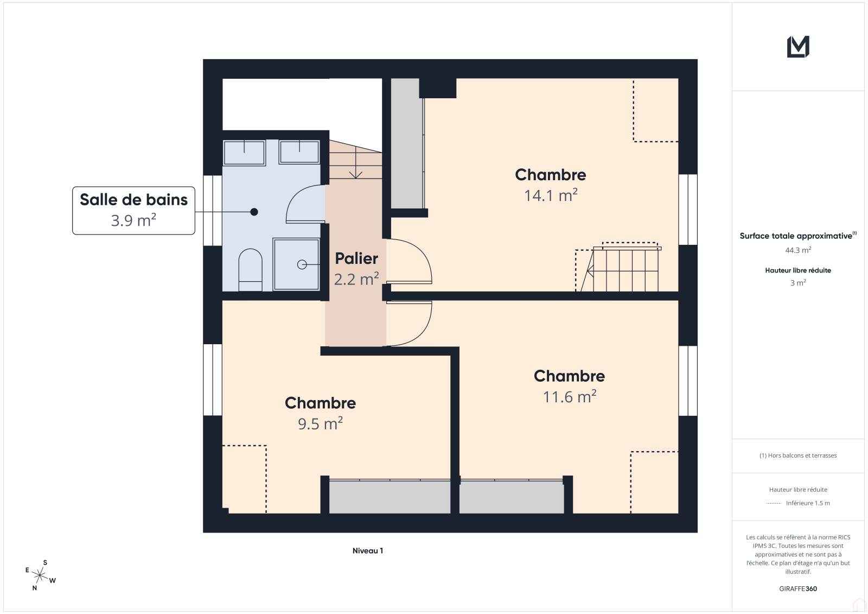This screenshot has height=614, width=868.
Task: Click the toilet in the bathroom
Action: (250, 270)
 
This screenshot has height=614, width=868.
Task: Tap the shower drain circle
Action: (302, 264)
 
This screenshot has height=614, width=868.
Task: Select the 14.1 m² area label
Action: (551, 195)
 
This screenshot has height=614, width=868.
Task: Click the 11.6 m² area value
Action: (570, 397)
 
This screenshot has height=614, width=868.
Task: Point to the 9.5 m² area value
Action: (321, 423)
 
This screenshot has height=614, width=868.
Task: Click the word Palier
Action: (356, 258)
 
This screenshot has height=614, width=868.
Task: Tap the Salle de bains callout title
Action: (133, 200)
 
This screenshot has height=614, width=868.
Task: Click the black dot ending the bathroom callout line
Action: (254, 212)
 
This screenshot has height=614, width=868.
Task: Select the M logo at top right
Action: (798, 47)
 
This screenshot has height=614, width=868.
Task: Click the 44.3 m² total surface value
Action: (798, 250)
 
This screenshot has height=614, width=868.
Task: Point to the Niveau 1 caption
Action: (368, 551)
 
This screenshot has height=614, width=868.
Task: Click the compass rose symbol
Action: (40, 575)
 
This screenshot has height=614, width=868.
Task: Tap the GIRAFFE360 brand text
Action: (798, 589)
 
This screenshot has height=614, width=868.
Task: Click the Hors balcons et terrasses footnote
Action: (798, 455)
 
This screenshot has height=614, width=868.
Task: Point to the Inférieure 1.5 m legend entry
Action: (808, 503)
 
